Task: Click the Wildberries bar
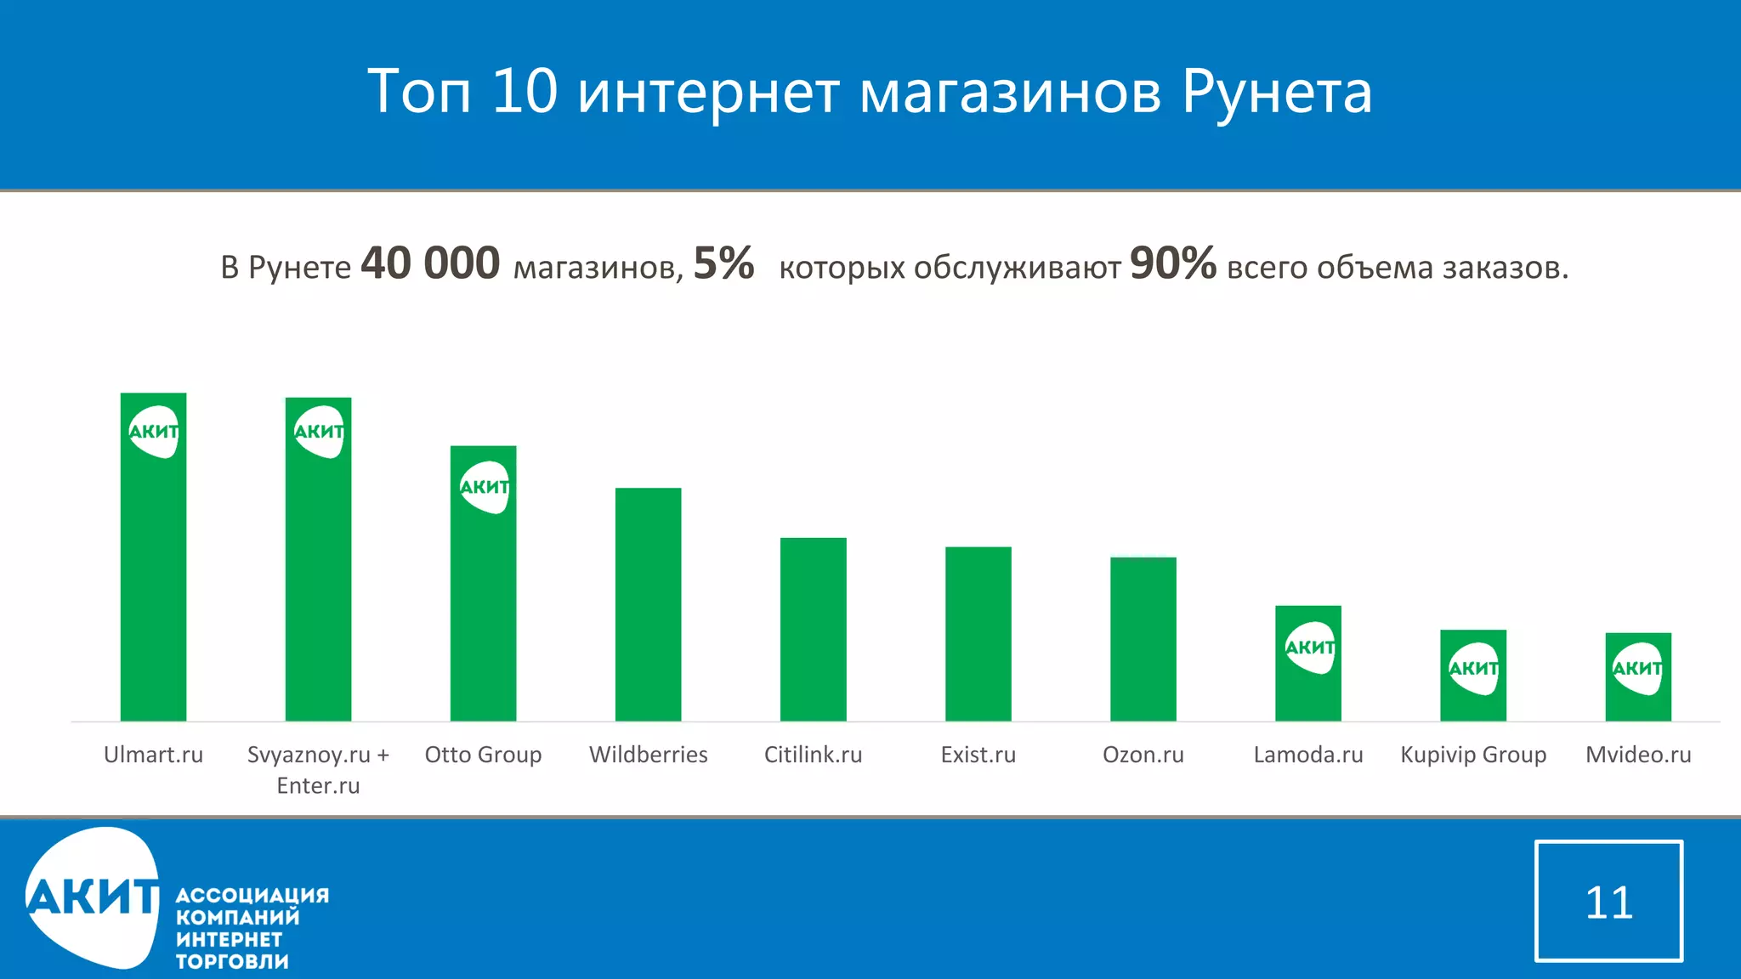[648, 604]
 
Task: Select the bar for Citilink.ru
[813, 629]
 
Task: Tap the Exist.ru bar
[978, 634]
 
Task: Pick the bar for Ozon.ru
[1143, 639]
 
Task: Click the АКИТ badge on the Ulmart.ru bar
[154, 432]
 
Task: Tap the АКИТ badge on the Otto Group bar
[485, 487]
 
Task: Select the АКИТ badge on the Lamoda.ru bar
[1310, 648]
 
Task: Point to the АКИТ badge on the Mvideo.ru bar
[1638, 669]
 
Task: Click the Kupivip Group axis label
[1473, 755]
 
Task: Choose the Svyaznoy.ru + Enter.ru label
[318, 769]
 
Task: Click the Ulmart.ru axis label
[153, 755]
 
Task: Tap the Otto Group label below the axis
[483, 755]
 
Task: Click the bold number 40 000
[430, 263]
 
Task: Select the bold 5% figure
[723, 263]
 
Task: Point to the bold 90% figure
[1172, 263]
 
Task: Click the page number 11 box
[1608, 901]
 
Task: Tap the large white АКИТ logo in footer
[92, 897]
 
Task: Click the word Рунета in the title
[1277, 92]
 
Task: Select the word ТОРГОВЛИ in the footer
[232, 962]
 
